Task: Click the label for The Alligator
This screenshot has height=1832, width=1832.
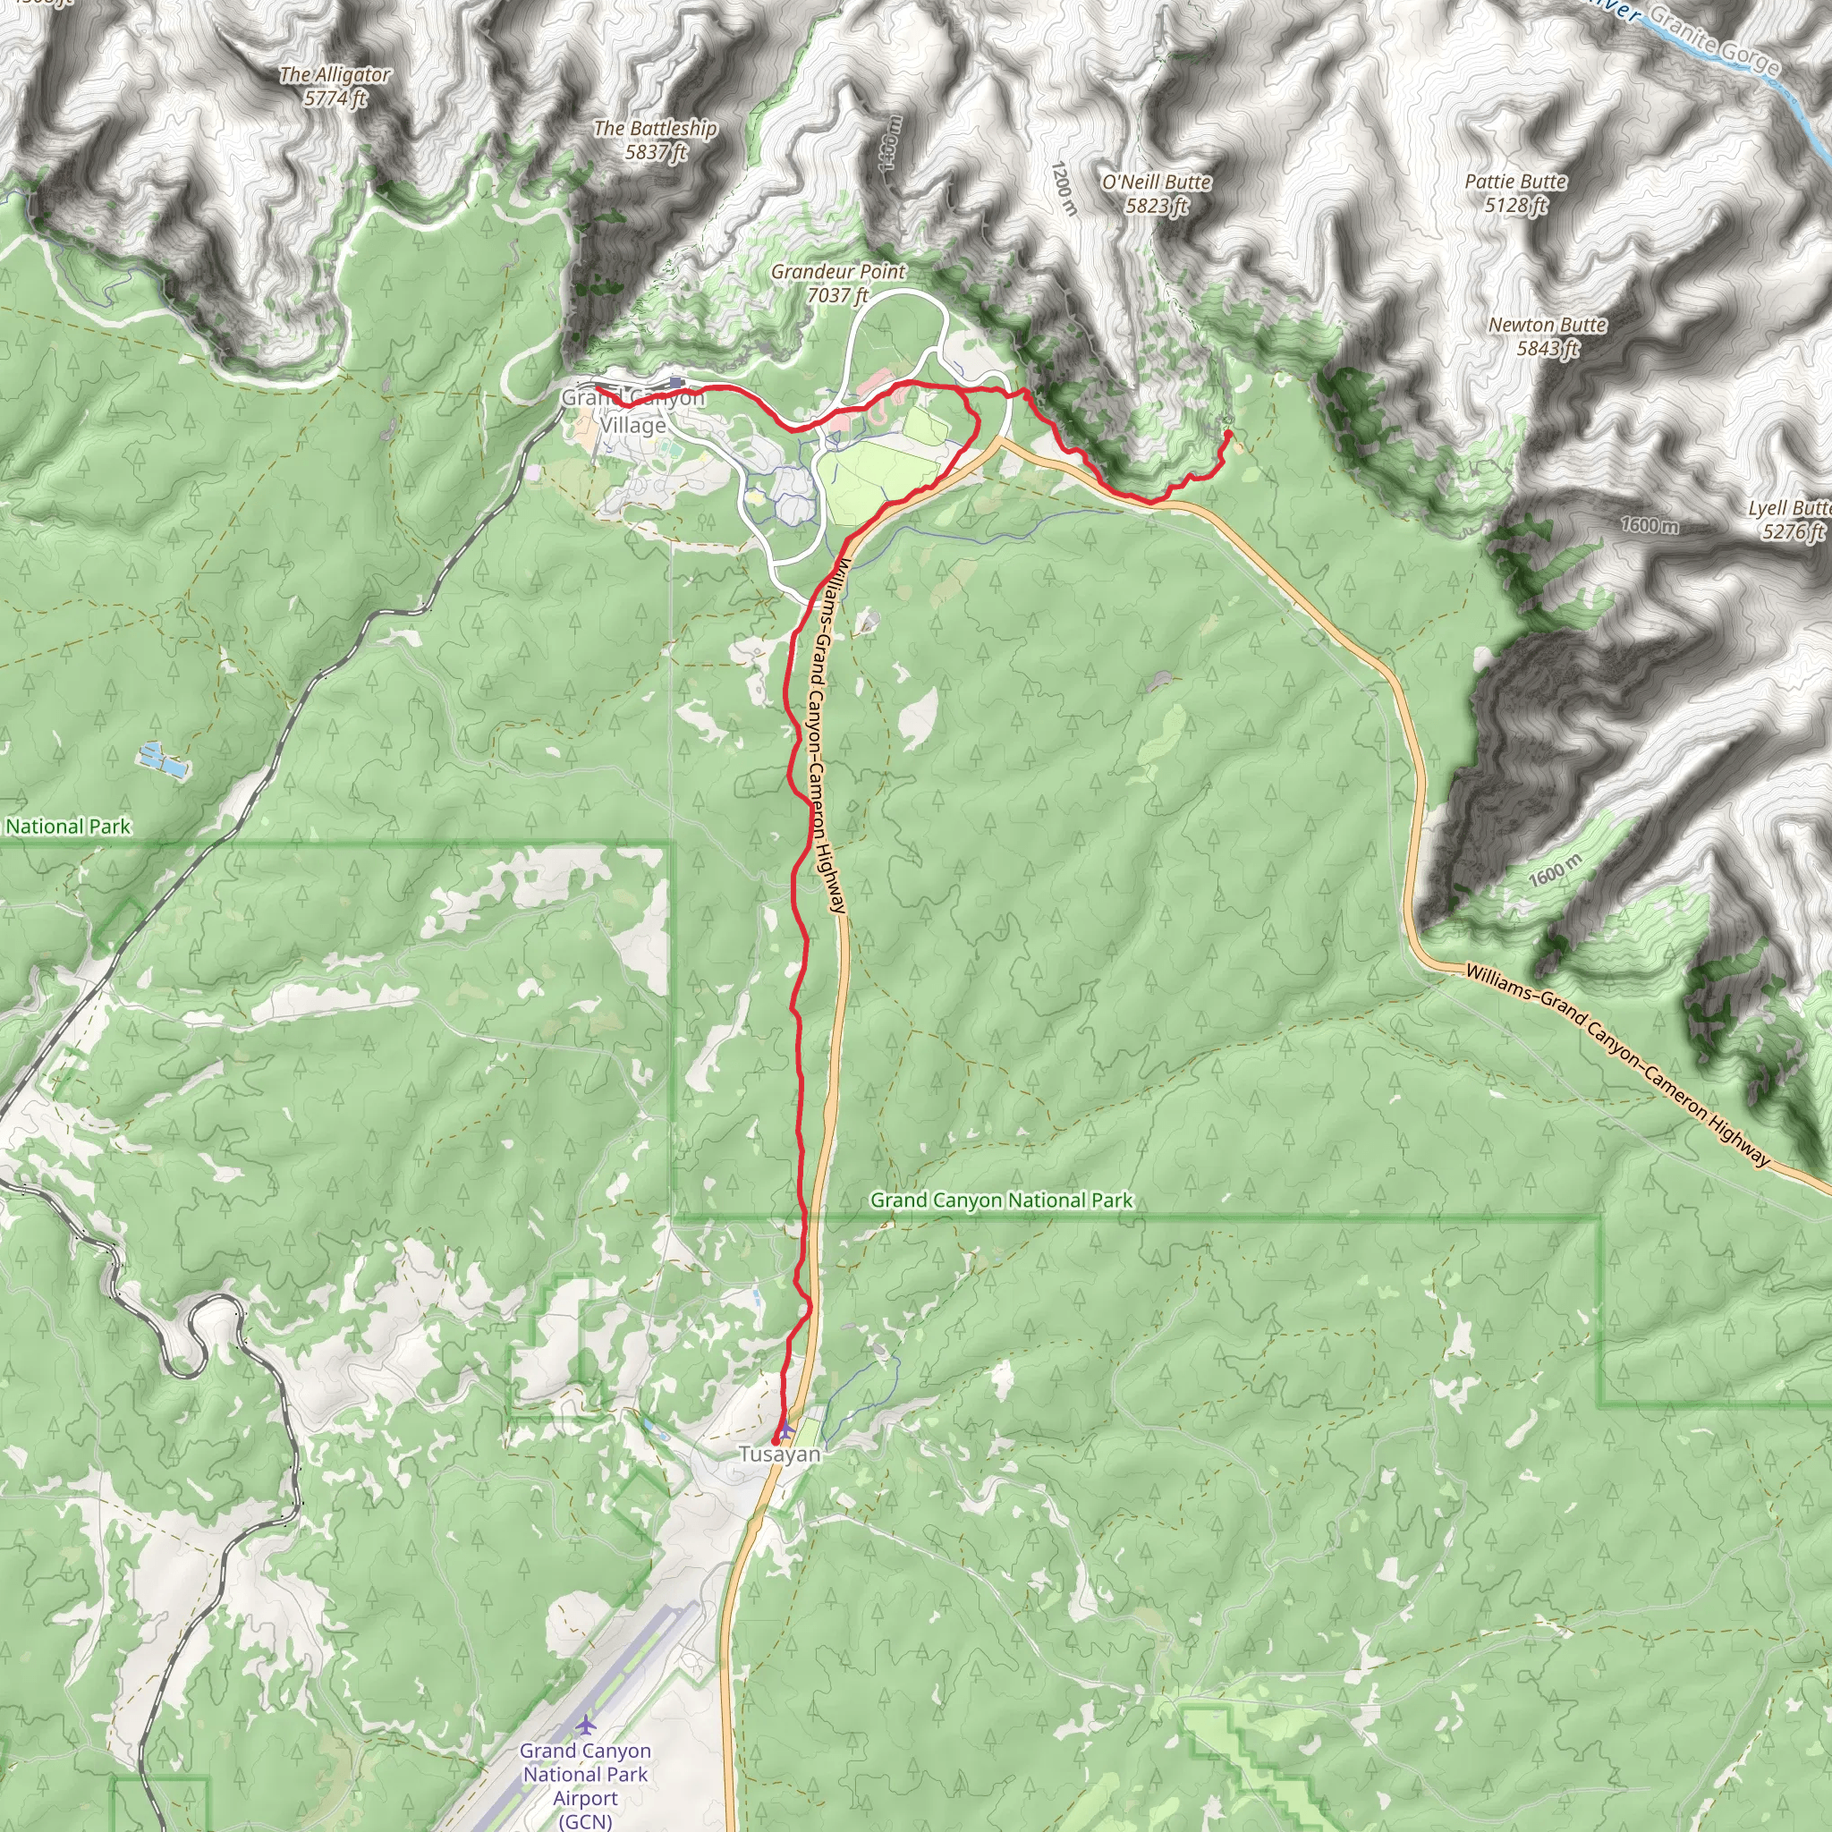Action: (x=335, y=75)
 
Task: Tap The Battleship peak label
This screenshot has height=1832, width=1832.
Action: (x=655, y=128)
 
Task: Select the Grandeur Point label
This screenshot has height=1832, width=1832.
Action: (x=838, y=272)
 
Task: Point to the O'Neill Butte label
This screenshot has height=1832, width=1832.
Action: (x=1156, y=182)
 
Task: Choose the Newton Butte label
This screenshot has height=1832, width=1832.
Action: (x=1548, y=326)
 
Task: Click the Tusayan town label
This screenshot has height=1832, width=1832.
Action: (x=779, y=1454)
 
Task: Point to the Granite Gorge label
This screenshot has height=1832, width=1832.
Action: (x=1715, y=38)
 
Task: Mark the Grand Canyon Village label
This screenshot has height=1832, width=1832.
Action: (x=632, y=411)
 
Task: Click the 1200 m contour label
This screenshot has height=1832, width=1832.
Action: (x=1063, y=188)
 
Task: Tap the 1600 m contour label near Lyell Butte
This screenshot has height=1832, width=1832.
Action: (x=1649, y=524)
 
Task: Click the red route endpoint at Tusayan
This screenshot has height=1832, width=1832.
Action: (x=776, y=1440)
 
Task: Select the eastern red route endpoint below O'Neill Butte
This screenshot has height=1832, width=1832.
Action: (x=1228, y=433)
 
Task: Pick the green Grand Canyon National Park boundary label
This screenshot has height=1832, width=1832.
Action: (x=1001, y=1200)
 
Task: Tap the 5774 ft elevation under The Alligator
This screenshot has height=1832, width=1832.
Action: (x=335, y=98)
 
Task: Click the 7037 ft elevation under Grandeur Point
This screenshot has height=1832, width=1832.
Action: (x=838, y=296)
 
